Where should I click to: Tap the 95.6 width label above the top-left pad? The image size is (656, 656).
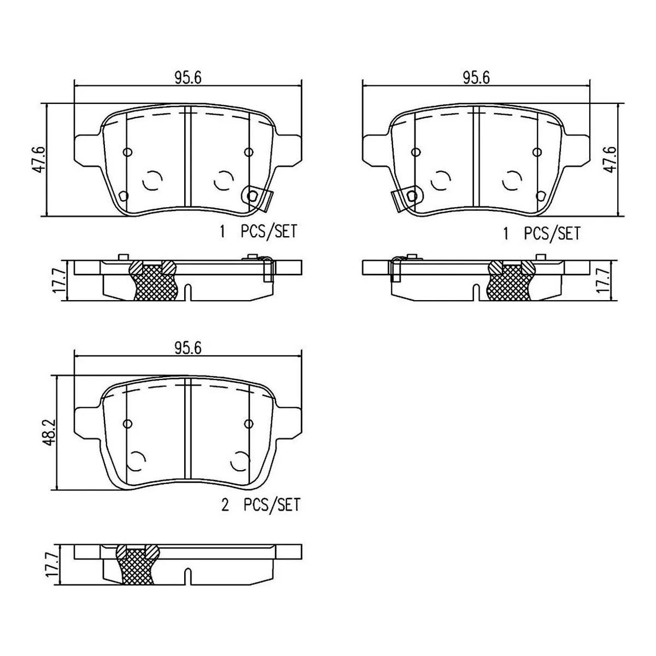(x=188, y=78)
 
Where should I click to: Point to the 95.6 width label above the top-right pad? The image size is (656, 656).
(x=476, y=78)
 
